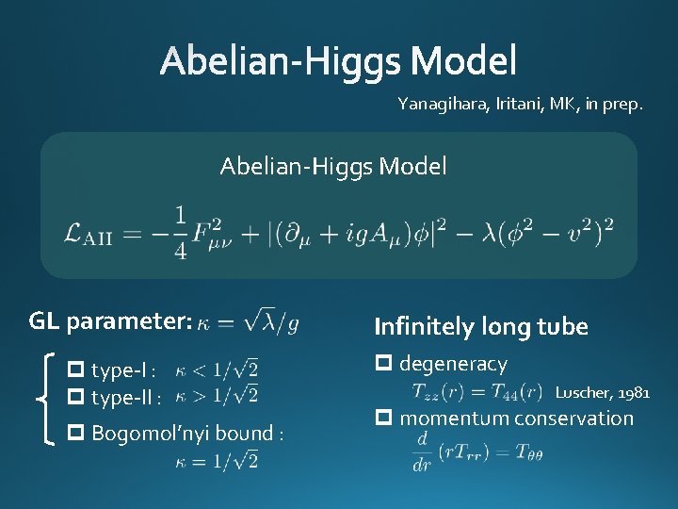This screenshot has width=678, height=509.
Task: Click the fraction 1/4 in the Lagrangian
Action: click(179, 231)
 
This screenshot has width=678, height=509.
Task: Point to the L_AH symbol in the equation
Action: click(86, 233)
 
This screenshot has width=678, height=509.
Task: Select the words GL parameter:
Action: click(111, 321)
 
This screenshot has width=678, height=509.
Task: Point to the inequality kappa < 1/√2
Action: click(217, 369)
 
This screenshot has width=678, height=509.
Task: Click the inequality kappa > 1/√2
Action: click(217, 394)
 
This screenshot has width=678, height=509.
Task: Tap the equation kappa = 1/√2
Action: click(217, 461)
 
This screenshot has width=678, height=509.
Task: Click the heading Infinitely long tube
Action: click(480, 327)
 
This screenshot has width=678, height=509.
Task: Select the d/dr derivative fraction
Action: click(421, 453)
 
